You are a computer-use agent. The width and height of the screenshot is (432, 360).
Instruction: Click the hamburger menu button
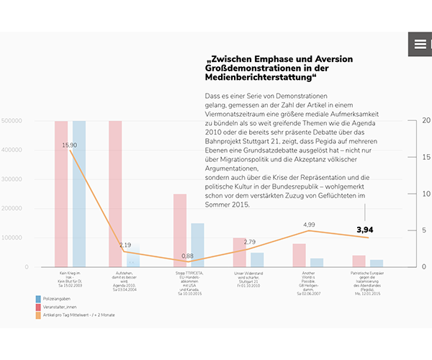point(420,45)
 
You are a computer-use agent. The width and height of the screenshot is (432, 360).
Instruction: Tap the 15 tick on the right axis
point(426,157)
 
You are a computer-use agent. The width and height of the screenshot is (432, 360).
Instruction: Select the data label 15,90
point(70,145)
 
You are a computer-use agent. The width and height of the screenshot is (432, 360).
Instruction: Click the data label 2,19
point(125,245)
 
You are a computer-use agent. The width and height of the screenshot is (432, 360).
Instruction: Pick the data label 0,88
point(187,256)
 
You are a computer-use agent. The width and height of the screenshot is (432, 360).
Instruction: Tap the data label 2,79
point(250,242)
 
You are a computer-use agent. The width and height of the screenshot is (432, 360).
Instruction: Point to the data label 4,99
point(309,225)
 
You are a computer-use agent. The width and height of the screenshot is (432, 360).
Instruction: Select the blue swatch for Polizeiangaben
point(37,298)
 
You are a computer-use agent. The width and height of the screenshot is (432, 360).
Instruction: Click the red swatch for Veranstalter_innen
point(37,307)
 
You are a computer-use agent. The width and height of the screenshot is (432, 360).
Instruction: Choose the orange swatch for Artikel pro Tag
point(37,315)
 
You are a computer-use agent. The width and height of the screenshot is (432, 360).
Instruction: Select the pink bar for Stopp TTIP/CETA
point(180,230)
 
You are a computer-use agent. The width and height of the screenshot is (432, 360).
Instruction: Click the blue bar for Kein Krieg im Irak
point(78,194)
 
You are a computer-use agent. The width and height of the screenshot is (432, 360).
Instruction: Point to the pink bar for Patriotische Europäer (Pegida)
point(359,261)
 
